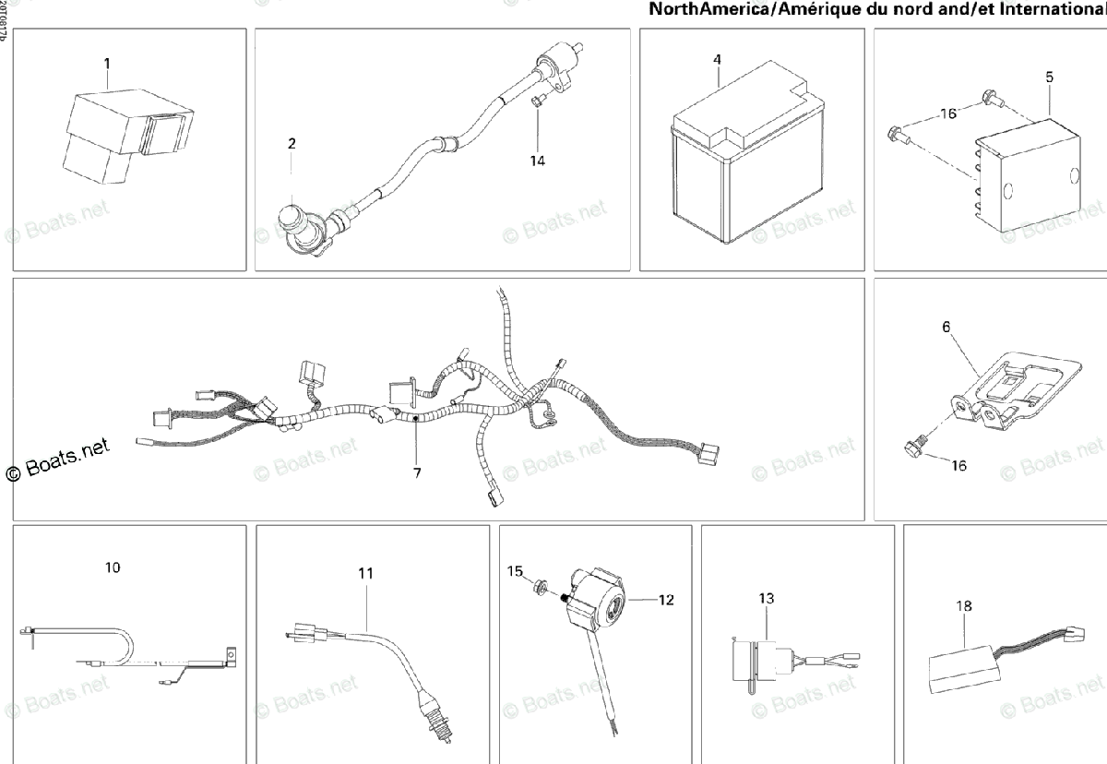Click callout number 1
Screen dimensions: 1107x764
click(x=107, y=63)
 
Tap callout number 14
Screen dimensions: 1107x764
click(x=537, y=161)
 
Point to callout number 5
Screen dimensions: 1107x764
click(x=1049, y=78)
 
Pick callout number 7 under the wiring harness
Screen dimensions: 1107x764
click(x=417, y=472)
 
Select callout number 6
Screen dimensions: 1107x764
click(x=946, y=327)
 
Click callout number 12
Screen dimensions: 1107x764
click(x=666, y=600)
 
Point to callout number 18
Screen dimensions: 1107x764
click(x=964, y=606)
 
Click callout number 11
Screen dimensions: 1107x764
click(x=366, y=573)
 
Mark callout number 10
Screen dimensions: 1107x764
click(x=112, y=567)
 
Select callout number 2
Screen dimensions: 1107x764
click(x=292, y=143)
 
